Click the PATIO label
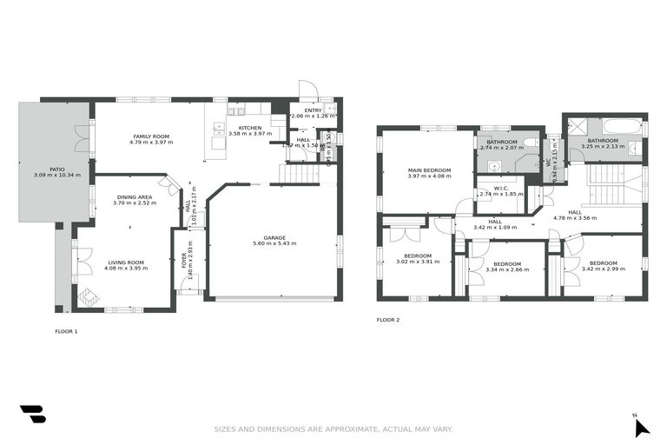coord(56,169)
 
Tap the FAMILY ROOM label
coord(150,136)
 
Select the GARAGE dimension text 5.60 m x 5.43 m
coord(274,244)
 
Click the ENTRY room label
coord(313,110)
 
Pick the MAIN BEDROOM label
coord(426,170)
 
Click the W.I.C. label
coord(500,188)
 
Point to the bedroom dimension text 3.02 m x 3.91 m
coord(419,262)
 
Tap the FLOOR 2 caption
coord(388,320)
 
